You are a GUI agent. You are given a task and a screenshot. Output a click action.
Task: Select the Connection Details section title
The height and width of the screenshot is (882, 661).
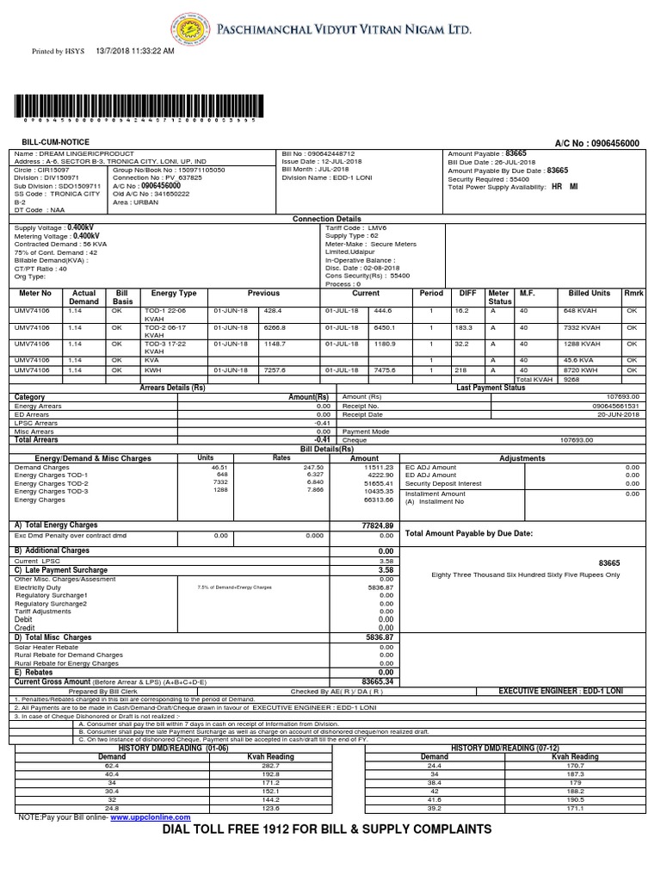327,219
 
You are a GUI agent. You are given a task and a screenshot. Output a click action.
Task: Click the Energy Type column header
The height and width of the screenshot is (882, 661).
174,293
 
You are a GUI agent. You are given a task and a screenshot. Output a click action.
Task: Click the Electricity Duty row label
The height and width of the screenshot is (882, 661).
41,587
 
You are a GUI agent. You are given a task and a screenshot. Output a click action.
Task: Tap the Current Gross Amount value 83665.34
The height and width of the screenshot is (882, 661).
377,681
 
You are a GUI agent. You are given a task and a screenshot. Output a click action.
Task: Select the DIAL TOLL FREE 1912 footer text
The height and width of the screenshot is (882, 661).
326,829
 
